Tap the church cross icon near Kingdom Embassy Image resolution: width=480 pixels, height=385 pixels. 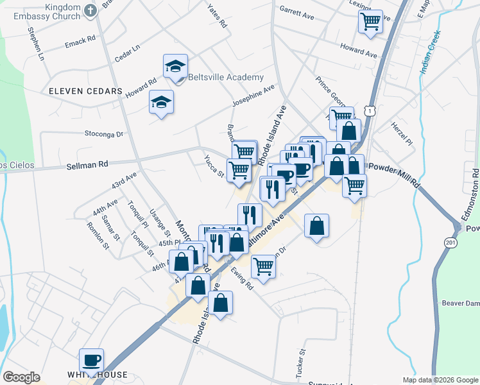[x=90, y=10]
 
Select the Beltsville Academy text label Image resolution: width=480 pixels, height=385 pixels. [x=225, y=78]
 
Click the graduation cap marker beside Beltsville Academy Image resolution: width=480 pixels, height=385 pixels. [x=176, y=66]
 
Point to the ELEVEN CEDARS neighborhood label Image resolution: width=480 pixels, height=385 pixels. [x=85, y=91]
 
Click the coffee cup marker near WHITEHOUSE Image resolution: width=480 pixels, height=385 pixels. [x=90, y=360]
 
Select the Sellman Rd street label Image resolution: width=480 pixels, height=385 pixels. [x=87, y=165]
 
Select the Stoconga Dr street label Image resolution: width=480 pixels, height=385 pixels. [x=103, y=134]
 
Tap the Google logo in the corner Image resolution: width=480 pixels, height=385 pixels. [x=21, y=377]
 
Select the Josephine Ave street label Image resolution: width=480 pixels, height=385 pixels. [x=253, y=96]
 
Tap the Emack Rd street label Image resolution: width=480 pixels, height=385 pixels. [x=80, y=44]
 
